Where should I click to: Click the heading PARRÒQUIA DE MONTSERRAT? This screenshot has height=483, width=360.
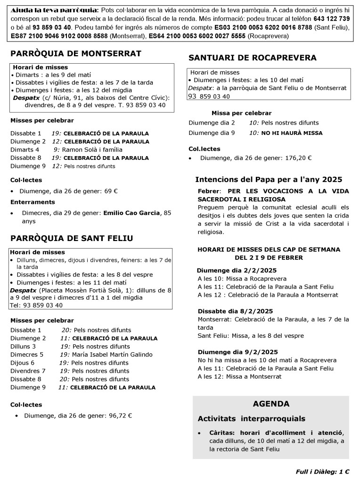[76, 54]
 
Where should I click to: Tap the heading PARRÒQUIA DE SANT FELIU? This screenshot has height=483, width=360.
[72, 238]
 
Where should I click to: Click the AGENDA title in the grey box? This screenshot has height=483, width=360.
[271, 404]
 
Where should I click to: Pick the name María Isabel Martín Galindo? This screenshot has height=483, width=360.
[112, 355]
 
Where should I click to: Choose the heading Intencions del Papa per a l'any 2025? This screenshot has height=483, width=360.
[269, 180]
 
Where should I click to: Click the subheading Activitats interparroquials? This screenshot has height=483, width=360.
[251, 419]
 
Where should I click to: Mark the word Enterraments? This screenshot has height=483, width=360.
[33, 202]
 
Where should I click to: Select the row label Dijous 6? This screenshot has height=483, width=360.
[23, 363]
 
